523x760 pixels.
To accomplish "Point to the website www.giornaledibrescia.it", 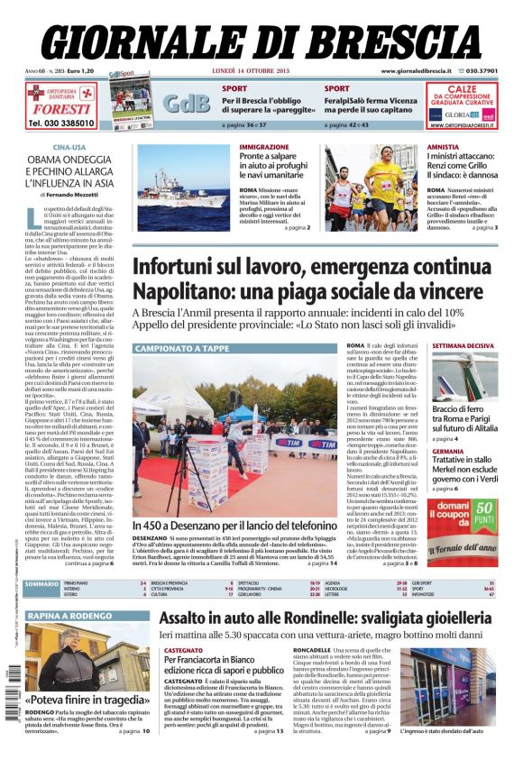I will [x=416, y=71].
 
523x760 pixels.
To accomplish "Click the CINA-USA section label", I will [x=69, y=146].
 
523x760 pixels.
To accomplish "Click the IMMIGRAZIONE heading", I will [x=264, y=146].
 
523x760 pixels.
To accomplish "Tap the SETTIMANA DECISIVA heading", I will [x=463, y=346].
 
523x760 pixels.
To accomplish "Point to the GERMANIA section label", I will [x=448, y=451].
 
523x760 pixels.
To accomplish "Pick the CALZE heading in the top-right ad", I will [x=462, y=89].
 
